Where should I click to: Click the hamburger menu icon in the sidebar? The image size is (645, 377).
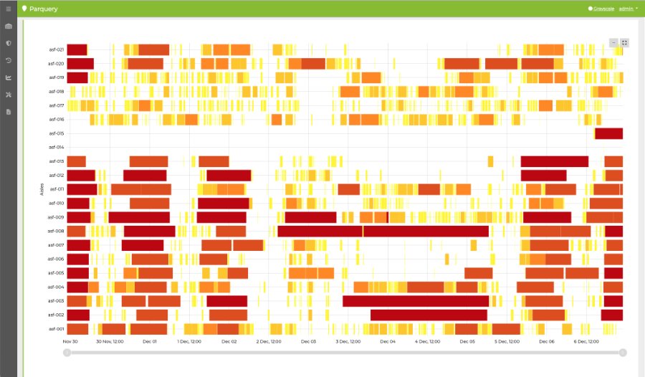pyautogui.click(x=9, y=9)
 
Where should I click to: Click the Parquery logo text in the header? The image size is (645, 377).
pyautogui.click(x=44, y=9)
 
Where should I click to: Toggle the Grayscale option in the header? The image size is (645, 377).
pyautogui.click(x=603, y=9)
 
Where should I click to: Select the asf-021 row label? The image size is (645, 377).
pyautogui.click(x=57, y=49)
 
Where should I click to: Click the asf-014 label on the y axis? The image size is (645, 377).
pyautogui.click(x=57, y=147)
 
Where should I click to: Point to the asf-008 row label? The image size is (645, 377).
pyautogui.click(x=57, y=231)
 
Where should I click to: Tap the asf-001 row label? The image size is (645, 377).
pyautogui.click(x=57, y=329)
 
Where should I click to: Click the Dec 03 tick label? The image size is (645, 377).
pyautogui.click(x=308, y=342)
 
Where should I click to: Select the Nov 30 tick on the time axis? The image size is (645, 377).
pyautogui.click(x=70, y=342)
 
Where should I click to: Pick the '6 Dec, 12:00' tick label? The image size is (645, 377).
pyautogui.click(x=586, y=342)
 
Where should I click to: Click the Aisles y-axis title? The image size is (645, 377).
pyautogui.click(x=42, y=189)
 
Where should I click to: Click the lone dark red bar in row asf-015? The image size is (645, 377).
pyautogui.click(x=608, y=133)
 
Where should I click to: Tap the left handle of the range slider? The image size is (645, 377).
pyautogui.click(x=67, y=352)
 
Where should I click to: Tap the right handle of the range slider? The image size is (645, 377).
pyautogui.click(x=623, y=352)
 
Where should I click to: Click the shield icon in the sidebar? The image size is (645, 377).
pyautogui.click(x=9, y=43)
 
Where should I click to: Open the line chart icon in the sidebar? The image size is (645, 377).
pyautogui.click(x=9, y=77)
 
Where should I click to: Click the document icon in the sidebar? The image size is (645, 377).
pyautogui.click(x=9, y=112)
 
